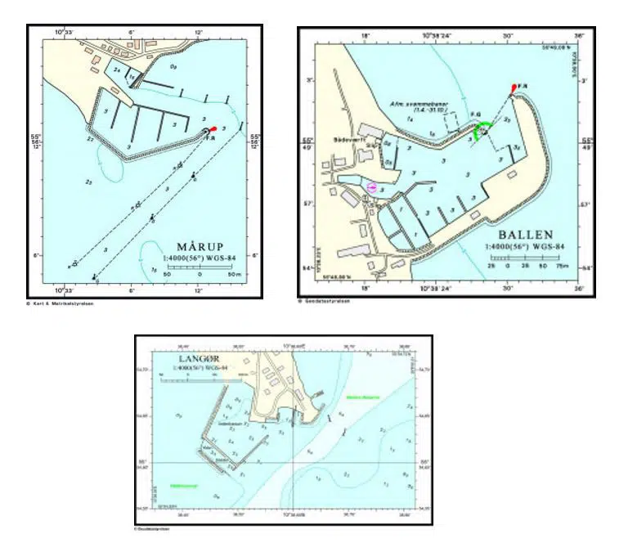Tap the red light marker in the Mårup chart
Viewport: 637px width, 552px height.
tap(213, 128)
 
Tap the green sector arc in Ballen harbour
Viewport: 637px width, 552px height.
tap(484, 129)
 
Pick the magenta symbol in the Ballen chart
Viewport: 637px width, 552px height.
tap(373, 187)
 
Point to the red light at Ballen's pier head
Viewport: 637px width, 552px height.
tap(514, 88)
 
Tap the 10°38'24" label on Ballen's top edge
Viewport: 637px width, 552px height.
tap(438, 36)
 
